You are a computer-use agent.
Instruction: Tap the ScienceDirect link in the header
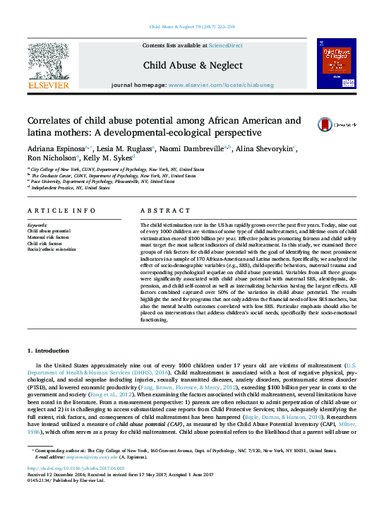225,45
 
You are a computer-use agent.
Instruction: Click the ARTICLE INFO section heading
61,211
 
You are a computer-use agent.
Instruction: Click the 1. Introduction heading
49,350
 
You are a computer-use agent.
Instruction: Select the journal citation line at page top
192,27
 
